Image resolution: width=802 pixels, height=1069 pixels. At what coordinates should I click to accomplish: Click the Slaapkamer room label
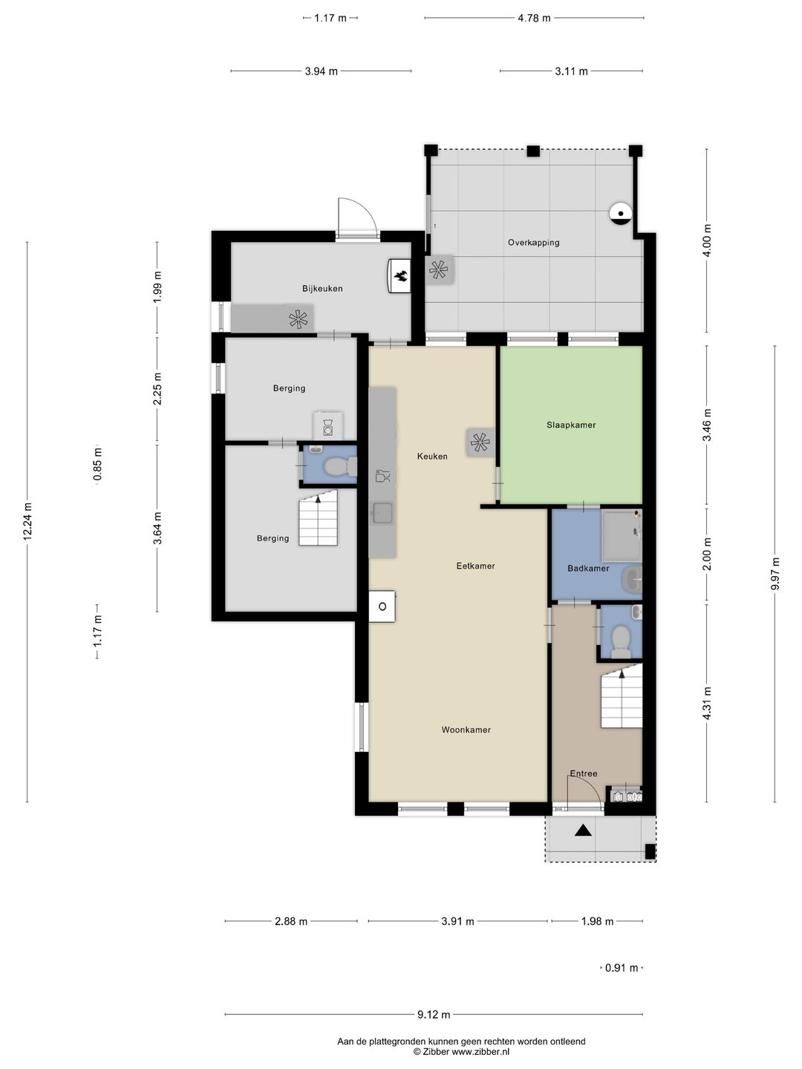tap(571, 425)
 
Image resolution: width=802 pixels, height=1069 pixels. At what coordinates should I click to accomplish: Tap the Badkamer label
tap(588, 569)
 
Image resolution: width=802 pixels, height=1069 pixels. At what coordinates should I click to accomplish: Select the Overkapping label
tap(533, 243)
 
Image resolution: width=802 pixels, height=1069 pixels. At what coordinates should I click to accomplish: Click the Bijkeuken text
tap(322, 289)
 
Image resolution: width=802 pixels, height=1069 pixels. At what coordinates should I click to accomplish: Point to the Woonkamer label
tap(466, 730)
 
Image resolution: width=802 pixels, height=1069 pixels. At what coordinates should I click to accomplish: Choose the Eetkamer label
tap(475, 566)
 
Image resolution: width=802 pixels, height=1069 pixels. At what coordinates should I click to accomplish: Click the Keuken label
tap(432, 457)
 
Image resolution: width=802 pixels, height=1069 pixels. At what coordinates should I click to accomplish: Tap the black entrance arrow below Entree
tap(583, 831)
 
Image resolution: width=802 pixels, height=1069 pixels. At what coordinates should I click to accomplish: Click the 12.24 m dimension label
tap(28, 523)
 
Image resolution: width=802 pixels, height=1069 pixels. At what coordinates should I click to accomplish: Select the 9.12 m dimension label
tap(434, 1015)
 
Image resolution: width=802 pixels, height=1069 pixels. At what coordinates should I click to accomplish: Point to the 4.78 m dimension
tap(534, 18)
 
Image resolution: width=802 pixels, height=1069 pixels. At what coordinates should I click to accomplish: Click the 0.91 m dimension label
tap(622, 968)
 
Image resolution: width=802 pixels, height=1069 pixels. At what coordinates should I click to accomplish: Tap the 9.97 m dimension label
tap(775, 574)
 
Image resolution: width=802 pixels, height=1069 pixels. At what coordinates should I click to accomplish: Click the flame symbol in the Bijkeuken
tap(400, 276)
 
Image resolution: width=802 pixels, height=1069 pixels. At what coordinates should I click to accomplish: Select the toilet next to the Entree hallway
tap(620, 638)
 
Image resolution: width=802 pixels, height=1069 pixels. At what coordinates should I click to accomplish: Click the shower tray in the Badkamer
tap(621, 535)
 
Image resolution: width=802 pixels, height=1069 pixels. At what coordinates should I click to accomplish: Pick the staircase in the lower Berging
tap(319, 523)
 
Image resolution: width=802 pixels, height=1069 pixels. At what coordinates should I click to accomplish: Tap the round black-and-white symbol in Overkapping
tap(619, 214)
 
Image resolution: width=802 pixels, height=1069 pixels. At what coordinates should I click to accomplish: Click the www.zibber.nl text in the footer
tap(480, 1052)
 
